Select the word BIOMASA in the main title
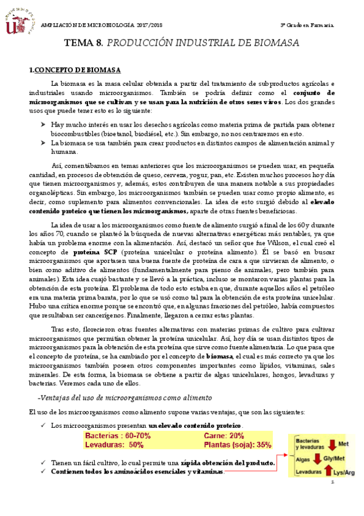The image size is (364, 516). pyautogui.click(x=275, y=43)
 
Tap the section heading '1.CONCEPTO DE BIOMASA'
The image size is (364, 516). pyautogui.click(x=75, y=70)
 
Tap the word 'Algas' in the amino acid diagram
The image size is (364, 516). pyautogui.click(x=302, y=461)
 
